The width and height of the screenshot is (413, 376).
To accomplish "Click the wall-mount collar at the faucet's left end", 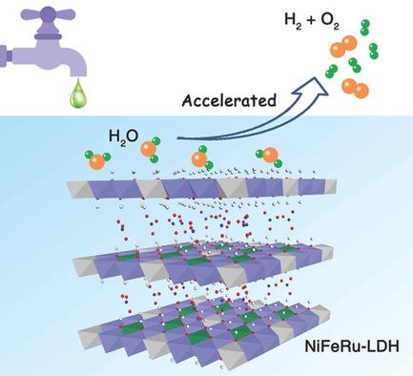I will (8, 48).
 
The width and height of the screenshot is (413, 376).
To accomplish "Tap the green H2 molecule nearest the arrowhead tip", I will (331, 72).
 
